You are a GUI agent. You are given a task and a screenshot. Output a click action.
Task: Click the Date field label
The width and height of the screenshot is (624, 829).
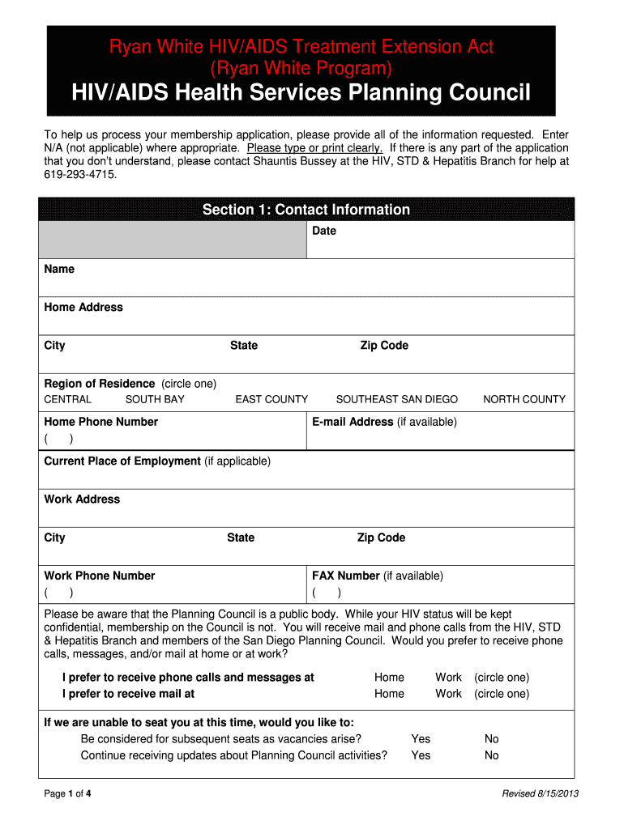pos(324,232)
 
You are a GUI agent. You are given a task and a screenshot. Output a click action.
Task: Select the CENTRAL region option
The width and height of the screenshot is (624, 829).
pos(68,399)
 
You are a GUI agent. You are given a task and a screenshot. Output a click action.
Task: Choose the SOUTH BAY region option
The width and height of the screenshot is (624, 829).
pos(155,399)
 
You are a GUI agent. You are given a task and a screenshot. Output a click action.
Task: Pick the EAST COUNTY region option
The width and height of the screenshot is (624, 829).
pos(271,399)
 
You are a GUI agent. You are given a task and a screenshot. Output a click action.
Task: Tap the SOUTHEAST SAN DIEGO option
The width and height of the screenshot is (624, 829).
pos(397,399)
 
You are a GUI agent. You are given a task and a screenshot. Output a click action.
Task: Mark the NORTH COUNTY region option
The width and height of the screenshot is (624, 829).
pos(524,399)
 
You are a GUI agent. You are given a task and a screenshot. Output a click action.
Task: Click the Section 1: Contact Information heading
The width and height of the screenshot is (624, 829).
pos(306,210)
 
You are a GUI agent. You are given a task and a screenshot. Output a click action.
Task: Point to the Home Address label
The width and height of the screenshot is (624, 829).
pos(83,308)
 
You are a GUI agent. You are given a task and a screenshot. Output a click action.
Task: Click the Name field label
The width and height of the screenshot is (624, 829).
pos(59,270)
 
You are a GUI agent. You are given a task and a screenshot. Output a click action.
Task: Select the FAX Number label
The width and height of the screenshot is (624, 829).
pos(346,576)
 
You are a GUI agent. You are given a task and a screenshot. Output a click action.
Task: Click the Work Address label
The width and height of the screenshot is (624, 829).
pos(82,500)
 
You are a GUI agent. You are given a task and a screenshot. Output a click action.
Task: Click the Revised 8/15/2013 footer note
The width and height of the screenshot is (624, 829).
pos(541,793)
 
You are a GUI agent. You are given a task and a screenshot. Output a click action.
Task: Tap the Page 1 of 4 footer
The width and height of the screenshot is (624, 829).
pos(67,793)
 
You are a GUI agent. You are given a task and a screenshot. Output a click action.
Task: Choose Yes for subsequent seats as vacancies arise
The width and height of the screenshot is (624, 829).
pos(421,739)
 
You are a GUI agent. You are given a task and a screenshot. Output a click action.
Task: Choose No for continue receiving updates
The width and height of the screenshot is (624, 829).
pos(492,755)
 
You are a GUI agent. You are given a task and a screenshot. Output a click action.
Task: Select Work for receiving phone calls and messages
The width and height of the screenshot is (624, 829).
pos(448,678)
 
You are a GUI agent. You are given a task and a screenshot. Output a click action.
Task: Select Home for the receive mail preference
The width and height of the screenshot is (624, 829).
pos(389,694)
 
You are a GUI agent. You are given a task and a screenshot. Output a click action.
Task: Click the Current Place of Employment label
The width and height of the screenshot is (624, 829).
pos(122,461)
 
